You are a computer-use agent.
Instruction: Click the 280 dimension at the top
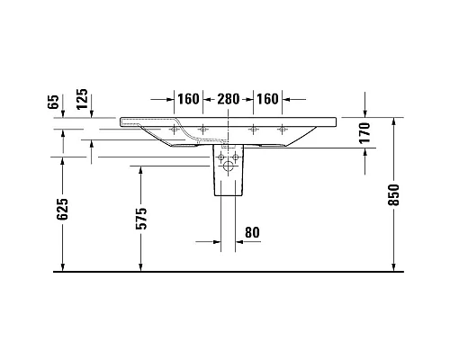tap(229, 99)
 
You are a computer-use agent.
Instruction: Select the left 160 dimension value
tap(187, 99)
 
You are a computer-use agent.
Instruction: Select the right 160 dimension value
tap(269, 99)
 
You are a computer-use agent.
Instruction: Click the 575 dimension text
tap(141, 236)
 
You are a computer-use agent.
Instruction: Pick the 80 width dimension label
tap(252, 233)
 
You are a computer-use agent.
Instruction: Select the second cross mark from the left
tap(202, 128)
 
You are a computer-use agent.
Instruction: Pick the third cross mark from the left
tap(255, 128)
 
